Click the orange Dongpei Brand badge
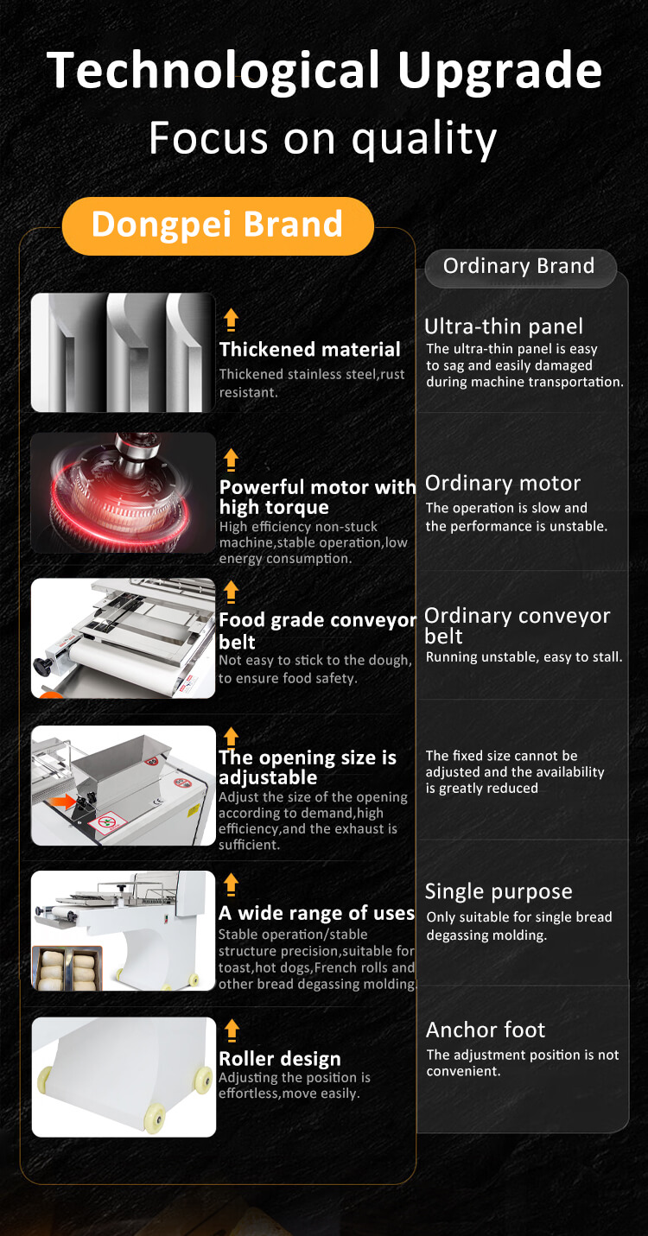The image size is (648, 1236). coord(218,225)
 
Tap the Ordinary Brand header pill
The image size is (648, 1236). coord(520,268)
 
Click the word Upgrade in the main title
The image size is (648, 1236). coord(499,72)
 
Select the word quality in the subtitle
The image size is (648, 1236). coord(424,139)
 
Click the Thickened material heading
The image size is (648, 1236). coord(309,349)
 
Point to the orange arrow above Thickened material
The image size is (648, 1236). coord(231,320)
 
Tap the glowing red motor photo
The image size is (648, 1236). coord(123,492)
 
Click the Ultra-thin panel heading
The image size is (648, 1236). coord(504,326)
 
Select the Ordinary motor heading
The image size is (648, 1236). coord(502,484)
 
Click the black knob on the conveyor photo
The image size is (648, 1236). coord(41,665)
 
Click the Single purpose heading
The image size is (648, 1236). coord(499,891)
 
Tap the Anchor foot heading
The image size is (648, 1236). coord(486,1030)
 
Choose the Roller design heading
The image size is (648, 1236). coord(279,1059)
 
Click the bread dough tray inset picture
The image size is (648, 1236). coord(67,968)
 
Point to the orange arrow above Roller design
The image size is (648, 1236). coord(232,1030)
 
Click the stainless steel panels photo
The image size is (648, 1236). coord(123,352)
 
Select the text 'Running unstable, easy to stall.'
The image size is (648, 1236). coord(524,657)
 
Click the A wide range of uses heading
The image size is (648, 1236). coord(316,913)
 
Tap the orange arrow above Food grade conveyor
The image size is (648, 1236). coord(231,592)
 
